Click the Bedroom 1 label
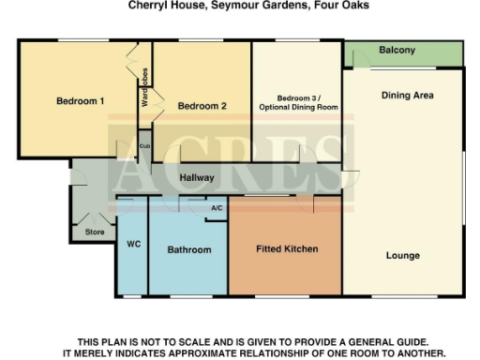click(80, 101)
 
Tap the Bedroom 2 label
click(202, 106)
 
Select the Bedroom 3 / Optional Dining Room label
click(296, 102)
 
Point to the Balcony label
click(397, 51)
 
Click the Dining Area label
click(407, 96)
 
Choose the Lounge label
click(402, 255)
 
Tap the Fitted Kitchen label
click(287, 249)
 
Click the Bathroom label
click(189, 250)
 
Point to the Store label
click(94, 232)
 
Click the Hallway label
click(198, 177)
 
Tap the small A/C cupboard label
click(217, 207)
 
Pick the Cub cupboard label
click(144, 146)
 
